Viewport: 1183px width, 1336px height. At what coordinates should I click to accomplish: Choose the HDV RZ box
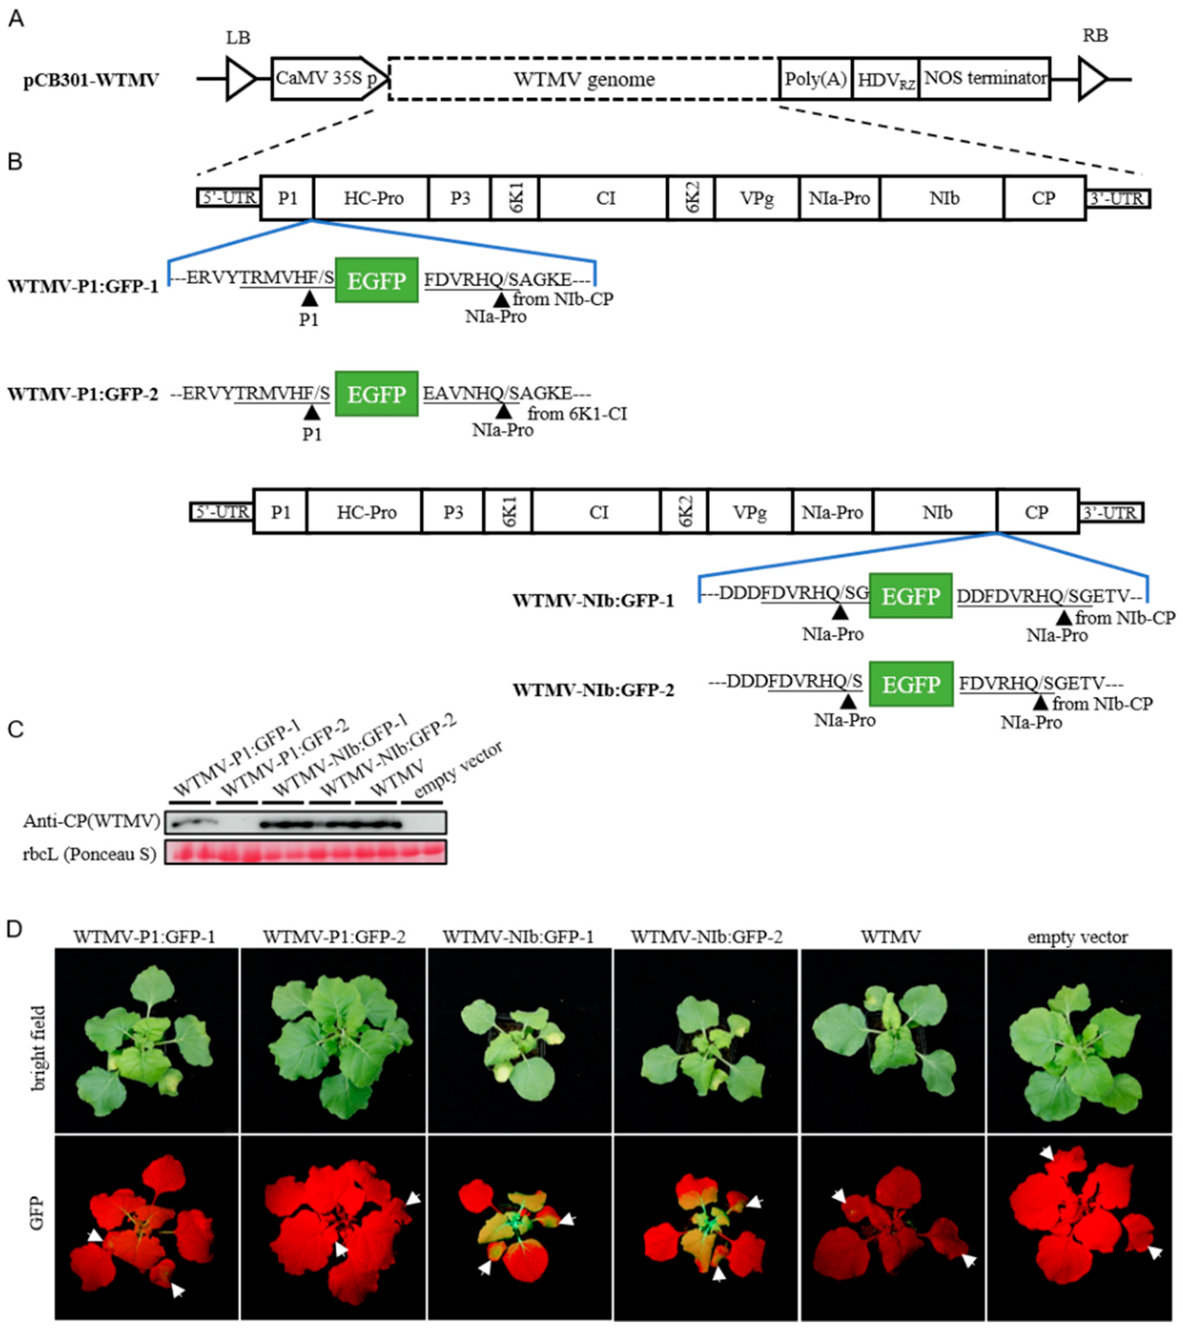pyautogui.click(x=885, y=80)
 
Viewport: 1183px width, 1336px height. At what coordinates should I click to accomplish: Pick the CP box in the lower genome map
pyautogui.click(x=1036, y=511)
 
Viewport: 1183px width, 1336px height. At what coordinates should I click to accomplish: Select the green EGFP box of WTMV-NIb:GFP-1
pyautogui.click(x=910, y=596)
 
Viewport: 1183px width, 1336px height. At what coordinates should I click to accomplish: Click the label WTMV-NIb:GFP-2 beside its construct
pyautogui.click(x=593, y=690)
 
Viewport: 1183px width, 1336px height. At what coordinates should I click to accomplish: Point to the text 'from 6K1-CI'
pyautogui.click(x=577, y=414)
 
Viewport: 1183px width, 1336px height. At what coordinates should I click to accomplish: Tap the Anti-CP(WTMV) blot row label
pyautogui.click(x=91, y=821)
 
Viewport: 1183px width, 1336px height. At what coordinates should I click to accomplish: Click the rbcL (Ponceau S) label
pyautogui.click(x=90, y=854)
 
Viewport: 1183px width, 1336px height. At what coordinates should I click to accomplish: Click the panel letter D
pyautogui.click(x=16, y=928)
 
